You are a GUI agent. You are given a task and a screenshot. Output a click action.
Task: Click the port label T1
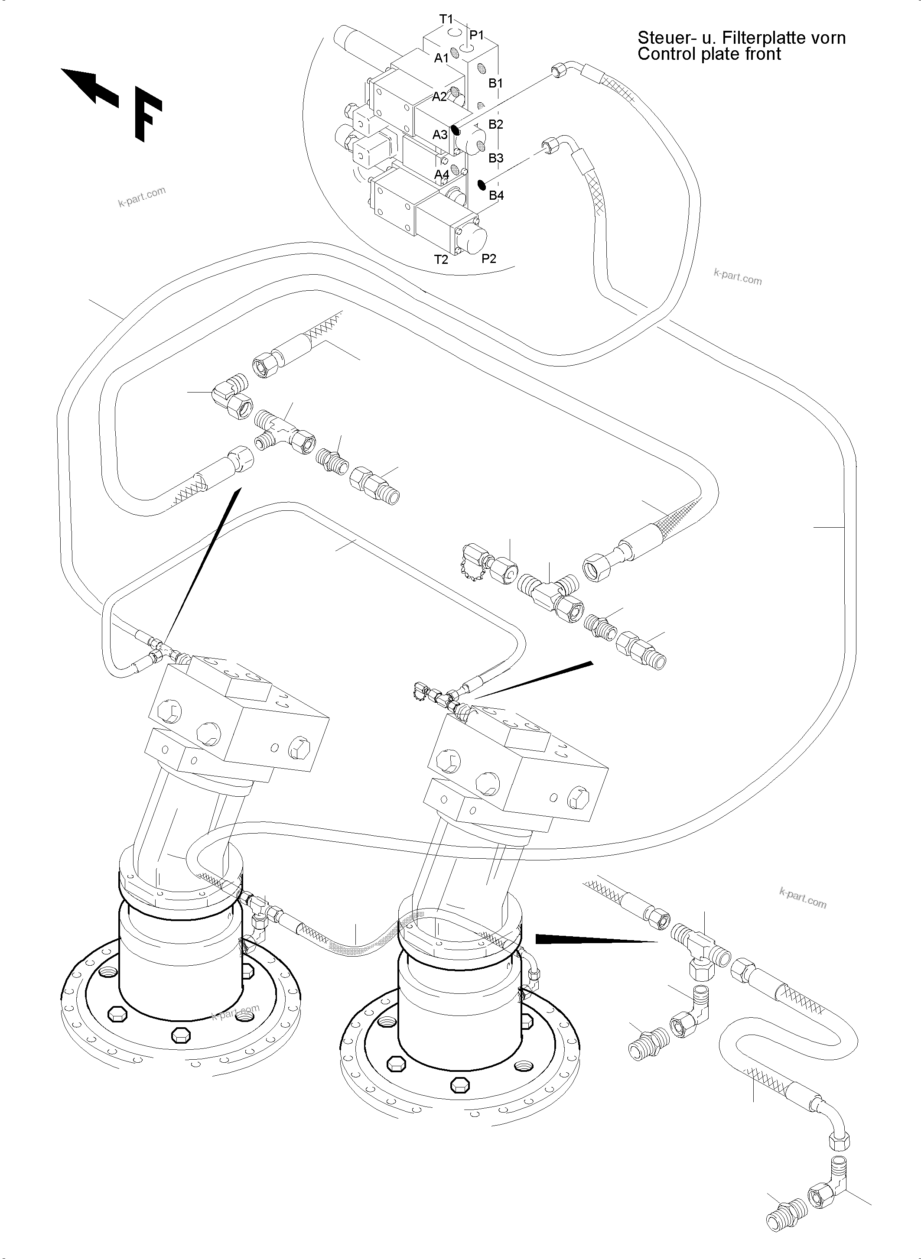[446, 19]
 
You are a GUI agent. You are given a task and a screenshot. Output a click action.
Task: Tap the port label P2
[488, 258]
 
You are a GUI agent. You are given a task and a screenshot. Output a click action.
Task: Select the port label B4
[496, 195]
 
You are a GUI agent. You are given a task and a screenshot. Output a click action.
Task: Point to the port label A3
[440, 134]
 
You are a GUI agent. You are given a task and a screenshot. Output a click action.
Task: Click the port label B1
[496, 83]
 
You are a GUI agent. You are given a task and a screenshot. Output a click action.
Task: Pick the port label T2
[441, 259]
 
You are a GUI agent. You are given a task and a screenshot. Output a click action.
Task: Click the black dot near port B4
[481, 185]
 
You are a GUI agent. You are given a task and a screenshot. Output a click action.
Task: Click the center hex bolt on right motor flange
[459, 1084]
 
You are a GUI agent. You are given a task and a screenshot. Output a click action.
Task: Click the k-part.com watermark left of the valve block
[142, 197]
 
